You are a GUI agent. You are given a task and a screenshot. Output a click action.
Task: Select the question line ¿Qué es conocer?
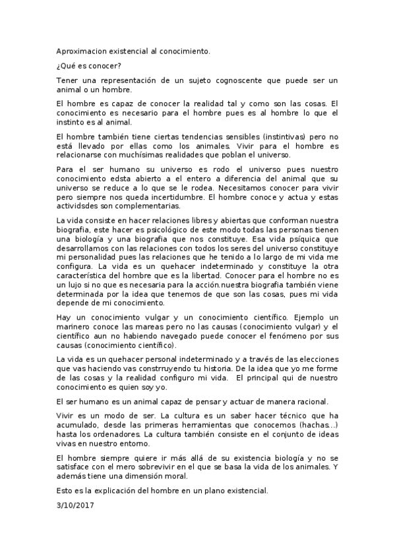pyautogui.click(x=89, y=65)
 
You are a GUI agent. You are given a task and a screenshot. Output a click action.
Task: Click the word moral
pyautogui.click(x=174, y=475)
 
